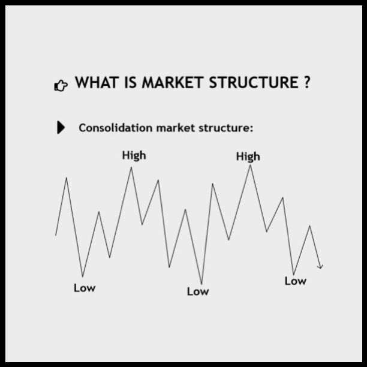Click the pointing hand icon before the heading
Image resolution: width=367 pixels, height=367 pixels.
[x=61, y=85]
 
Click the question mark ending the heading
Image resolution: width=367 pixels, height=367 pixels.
[x=306, y=83]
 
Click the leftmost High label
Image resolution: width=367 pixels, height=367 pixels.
[x=134, y=155]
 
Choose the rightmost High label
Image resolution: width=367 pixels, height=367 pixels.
[x=248, y=157]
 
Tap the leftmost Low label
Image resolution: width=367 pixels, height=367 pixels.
[x=84, y=288]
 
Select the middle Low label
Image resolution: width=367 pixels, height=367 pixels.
[x=198, y=291]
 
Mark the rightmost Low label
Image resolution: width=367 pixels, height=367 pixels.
[x=295, y=281]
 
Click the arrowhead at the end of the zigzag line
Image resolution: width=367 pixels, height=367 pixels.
[x=321, y=266]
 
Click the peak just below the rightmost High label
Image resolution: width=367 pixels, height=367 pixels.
[x=250, y=166]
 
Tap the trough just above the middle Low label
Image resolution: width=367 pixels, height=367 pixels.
[x=201, y=283]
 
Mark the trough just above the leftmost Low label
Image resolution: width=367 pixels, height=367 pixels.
[x=83, y=276]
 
